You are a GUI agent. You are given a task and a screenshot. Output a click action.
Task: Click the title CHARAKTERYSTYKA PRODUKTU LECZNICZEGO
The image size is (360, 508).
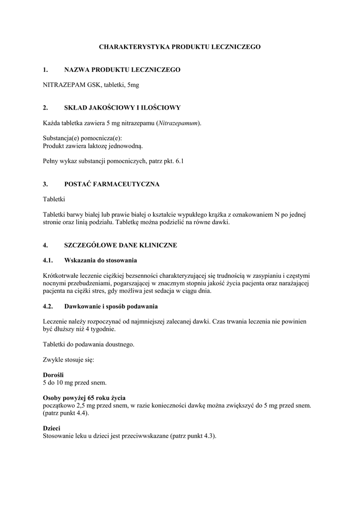[180, 47]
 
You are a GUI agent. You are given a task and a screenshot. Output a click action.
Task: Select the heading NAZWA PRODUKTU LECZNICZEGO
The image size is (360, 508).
[122, 70]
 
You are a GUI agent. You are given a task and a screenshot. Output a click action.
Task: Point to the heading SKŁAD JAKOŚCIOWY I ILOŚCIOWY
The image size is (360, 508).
[122, 108]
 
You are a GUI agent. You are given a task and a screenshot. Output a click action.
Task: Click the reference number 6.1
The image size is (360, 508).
[179, 161]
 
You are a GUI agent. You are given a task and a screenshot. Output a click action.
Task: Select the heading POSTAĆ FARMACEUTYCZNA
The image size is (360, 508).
[112, 184]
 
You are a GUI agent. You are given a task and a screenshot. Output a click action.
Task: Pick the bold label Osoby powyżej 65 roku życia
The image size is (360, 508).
[84, 398]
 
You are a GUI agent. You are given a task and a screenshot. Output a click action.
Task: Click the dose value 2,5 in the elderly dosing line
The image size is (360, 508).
[76, 405]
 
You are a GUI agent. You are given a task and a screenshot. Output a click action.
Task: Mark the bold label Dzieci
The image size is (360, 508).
[52, 428]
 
